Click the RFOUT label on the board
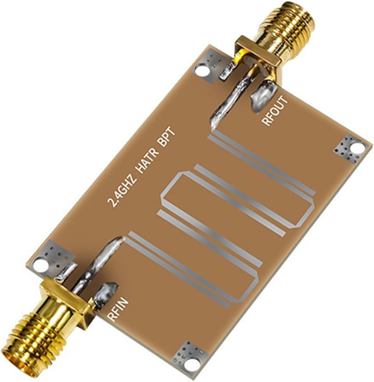point(270,111)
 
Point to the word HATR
point(144,164)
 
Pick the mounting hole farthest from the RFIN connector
point(357,148)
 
